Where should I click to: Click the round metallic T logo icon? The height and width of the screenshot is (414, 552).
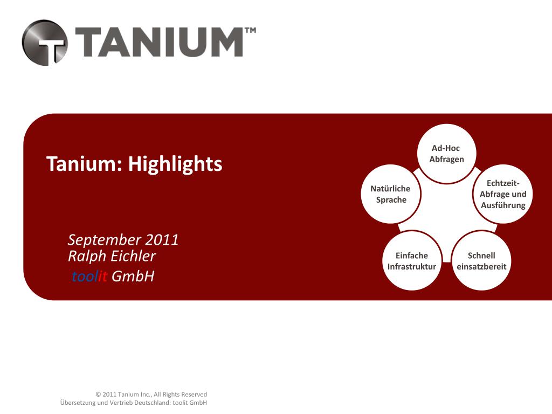tap(45, 43)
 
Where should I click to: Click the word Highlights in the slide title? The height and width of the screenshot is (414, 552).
tap(175, 163)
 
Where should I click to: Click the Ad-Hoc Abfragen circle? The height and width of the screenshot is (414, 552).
tap(446, 154)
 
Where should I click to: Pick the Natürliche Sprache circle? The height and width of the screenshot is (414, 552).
tap(390, 194)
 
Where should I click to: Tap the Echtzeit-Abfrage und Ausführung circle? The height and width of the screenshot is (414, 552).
tap(502, 194)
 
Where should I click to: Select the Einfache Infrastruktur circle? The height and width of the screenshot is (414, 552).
tap(411, 261)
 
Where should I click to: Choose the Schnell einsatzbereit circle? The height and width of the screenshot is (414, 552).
tap(481, 261)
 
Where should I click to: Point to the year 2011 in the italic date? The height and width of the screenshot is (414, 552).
tap(161, 240)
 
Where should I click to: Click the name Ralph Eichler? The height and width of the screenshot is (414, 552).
tap(112, 256)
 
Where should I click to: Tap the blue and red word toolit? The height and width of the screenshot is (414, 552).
tap(89, 277)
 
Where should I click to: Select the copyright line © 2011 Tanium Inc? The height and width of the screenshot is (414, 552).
tap(151, 395)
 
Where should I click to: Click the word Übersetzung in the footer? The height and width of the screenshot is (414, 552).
tap(77, 403)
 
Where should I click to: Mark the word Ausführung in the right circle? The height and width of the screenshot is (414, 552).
tap(503, 205)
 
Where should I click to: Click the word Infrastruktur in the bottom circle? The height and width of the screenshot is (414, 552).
tap(411, 266)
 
